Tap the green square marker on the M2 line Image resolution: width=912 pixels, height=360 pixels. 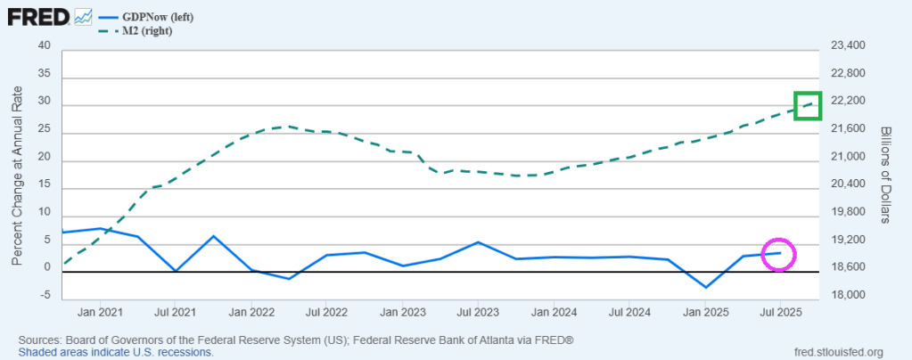pyautogui.click(x=808, y=105)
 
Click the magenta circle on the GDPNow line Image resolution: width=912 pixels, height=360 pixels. pyautogui.click(x=778, y=254)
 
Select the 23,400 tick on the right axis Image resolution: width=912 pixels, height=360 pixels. pyautogui.click(x=847, y=45)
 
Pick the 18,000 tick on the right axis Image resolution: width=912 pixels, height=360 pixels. pyautogui.click(x=847, y=296)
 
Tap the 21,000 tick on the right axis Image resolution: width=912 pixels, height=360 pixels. pyautogui.click(x=847, y=157)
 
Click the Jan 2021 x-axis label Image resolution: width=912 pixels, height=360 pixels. pyautogui.click(x=100, y=313)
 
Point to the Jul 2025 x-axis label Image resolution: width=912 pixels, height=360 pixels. pyautogui.click(x=782, y=313)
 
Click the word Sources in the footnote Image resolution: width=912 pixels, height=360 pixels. pyautogui.click(x=41, y=340)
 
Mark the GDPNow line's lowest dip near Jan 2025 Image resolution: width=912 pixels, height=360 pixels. pyautogui.click(x=706, y=287)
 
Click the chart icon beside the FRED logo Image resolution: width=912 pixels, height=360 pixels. pyautogui.click(x=83, y=16)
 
